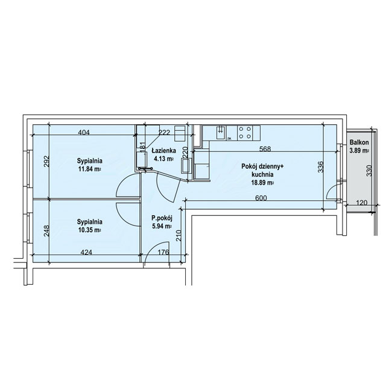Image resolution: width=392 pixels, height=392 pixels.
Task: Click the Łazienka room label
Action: (x=164, y=151)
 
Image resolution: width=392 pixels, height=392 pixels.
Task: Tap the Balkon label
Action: (x=359, y=142)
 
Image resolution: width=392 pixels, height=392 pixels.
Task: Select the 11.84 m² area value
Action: (x=89, y=169)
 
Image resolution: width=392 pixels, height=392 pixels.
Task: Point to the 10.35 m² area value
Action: (x=89, y=230)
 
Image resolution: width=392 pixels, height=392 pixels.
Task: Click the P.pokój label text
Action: (x=162, y=218)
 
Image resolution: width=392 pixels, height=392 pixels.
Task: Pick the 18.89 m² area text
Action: (x=262, y=183)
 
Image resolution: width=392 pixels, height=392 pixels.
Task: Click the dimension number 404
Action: (x=84, y=132)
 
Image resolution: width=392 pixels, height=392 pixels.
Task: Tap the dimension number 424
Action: (x=86, y=252)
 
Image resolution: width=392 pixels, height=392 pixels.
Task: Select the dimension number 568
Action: (x=265, y=149)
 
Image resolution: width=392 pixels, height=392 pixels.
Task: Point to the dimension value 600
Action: (x=261, y=198)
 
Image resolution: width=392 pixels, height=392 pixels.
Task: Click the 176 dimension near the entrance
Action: (x=164, y=252)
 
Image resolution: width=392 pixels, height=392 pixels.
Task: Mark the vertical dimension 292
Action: (x=47, y=162)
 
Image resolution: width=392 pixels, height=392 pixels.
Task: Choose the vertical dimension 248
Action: (x=46, y=231)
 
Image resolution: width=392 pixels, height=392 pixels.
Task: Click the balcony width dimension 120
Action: (x=361, y=203)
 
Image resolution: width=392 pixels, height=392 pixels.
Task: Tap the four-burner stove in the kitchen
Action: (x=245, y=133)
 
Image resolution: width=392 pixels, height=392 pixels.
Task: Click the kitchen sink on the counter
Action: (x=221, y=133)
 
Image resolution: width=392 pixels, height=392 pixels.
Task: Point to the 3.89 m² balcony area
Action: (x=359, y=151)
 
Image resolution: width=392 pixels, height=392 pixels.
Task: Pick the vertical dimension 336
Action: (x=321, y=167)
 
